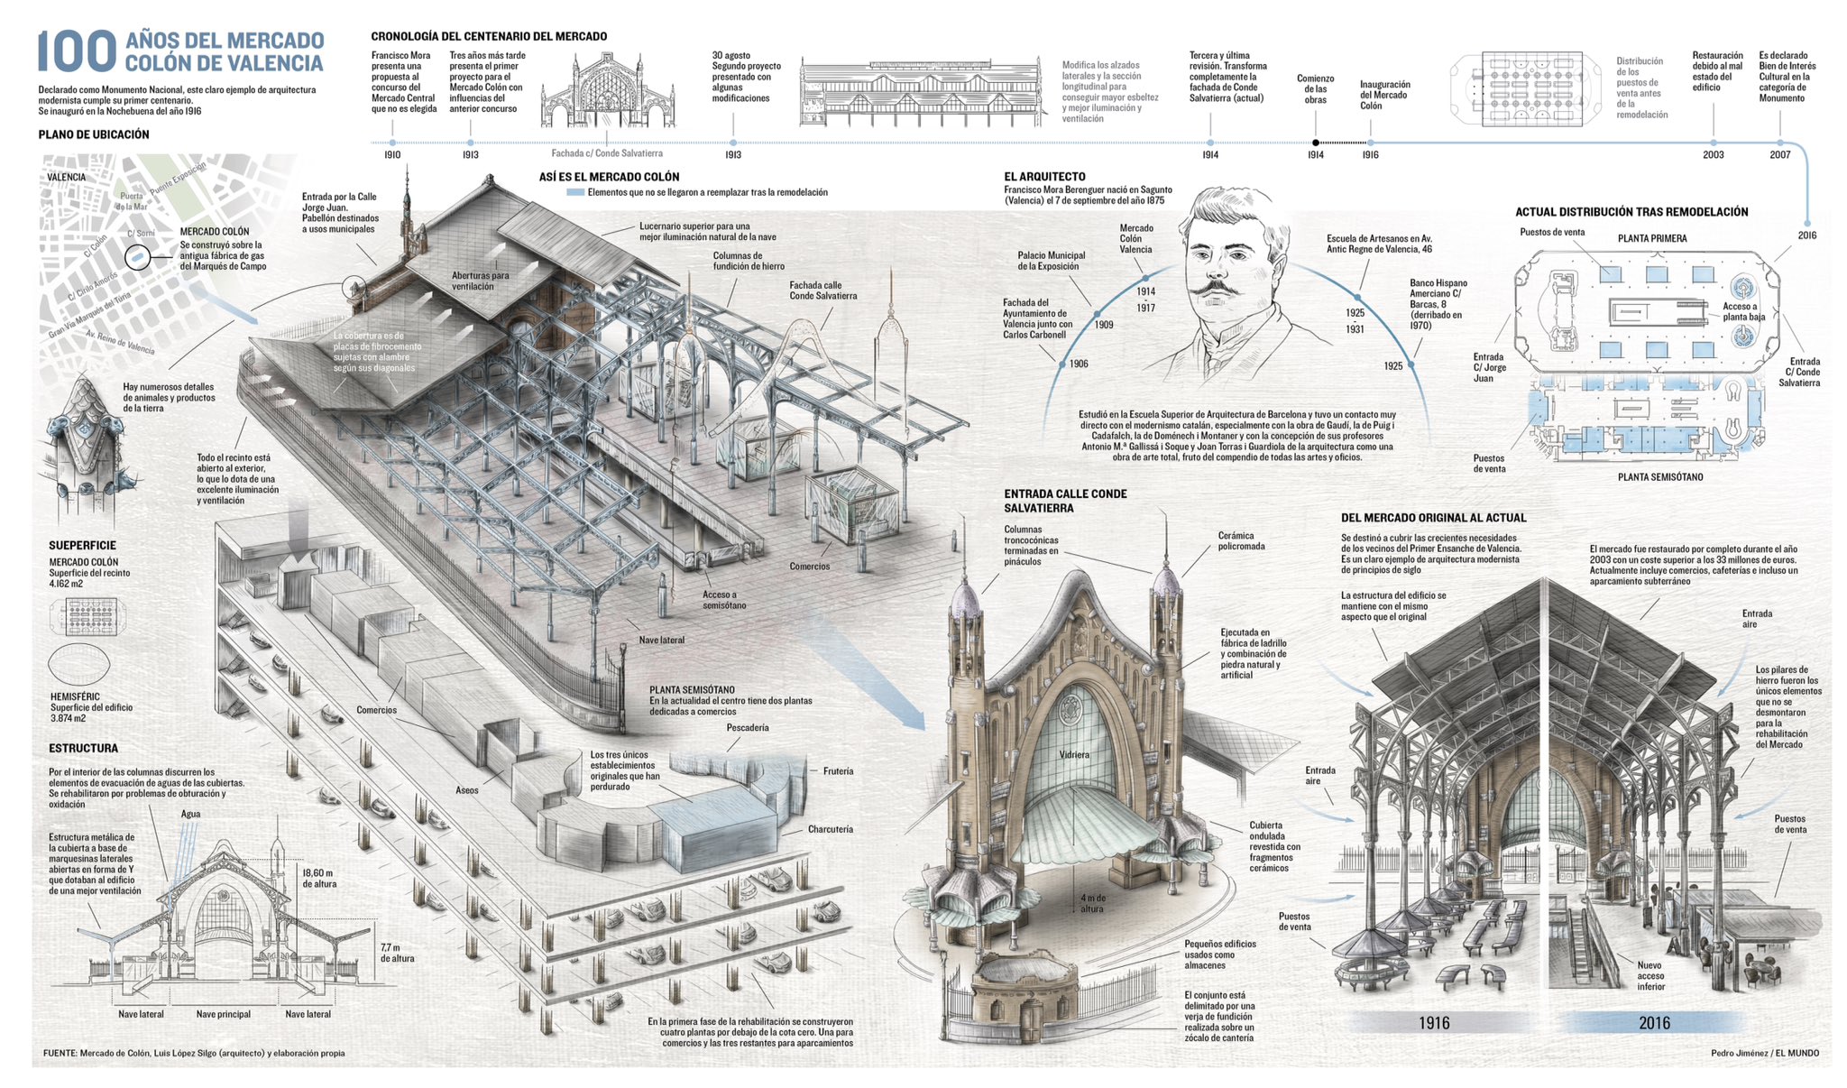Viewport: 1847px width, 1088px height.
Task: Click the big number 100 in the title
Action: (x=77, y=51)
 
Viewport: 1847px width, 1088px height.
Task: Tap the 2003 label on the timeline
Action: (x=1713, y=154)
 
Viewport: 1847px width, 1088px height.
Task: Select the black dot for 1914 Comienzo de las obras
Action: (x=1315, y=143)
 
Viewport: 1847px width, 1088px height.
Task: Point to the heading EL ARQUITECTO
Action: (x=1044, y=177)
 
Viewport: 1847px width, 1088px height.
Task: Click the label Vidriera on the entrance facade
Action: (x=1074, y=754)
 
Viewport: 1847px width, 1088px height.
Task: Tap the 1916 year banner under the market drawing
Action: (x=1434, y=1022)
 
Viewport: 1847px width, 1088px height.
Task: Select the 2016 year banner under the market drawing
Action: (x=1654, y=1022)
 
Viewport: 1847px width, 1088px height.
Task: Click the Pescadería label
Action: (x=747, y=727)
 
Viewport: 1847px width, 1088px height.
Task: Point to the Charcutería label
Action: (x=830, y=829)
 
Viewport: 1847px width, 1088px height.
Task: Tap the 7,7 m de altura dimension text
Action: (x=397, y=953)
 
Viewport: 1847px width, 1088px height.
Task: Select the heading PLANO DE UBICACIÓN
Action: (x=94, y=134)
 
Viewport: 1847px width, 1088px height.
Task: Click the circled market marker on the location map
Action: (x=137, y=258)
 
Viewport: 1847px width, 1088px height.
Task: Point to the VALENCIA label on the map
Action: (x=67, y=177)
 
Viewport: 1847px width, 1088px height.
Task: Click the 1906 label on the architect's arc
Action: (x=1079, y=364)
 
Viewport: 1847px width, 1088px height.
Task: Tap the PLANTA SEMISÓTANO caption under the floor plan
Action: (x=1660, y=476)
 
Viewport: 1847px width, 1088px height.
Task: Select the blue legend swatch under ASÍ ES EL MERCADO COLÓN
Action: (x=574, y=192)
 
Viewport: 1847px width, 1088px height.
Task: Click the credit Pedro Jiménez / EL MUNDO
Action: (x=1764, y=1053)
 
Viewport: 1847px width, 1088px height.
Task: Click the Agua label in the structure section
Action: (x=190, y=814)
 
